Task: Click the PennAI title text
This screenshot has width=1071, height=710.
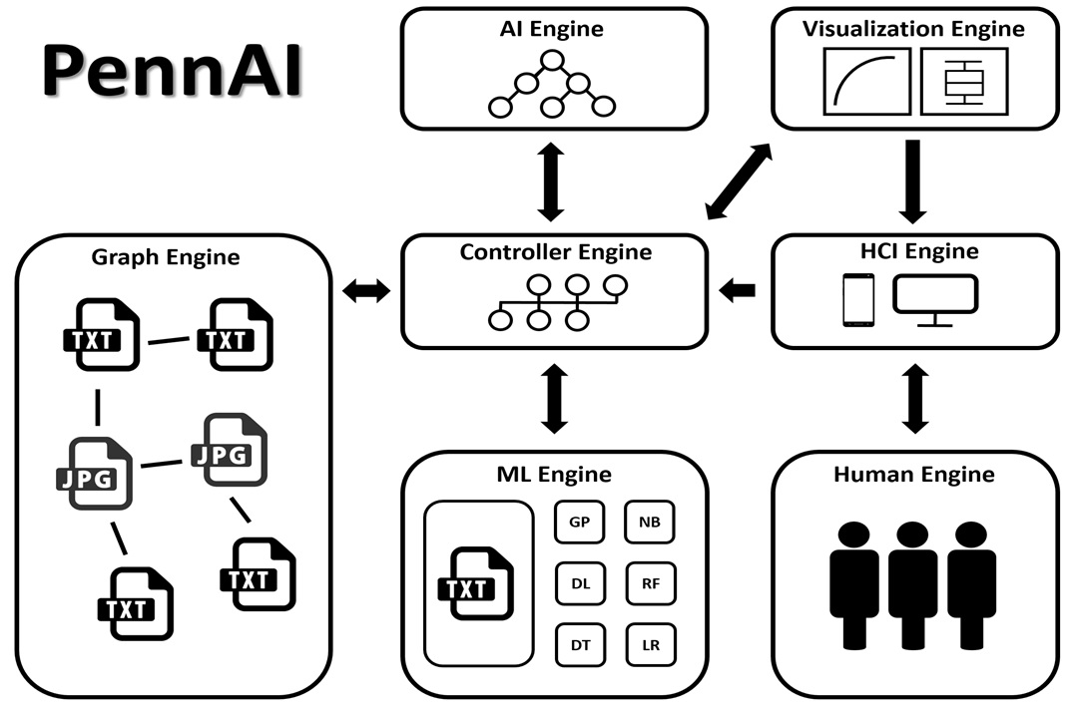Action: pos(172,71)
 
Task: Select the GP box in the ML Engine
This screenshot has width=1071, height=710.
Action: pos(579,523)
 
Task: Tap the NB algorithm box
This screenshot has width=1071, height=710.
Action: pos(650,523)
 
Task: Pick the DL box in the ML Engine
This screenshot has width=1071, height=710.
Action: pos(580,583)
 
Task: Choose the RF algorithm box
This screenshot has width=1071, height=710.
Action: pos(650,583)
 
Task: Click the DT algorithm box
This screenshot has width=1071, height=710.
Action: pos(581,645)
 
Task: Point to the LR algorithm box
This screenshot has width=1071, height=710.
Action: pos(651,645)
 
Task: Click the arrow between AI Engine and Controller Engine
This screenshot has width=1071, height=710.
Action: pos(551,181)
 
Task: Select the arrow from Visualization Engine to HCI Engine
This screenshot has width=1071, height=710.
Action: pos(912,181)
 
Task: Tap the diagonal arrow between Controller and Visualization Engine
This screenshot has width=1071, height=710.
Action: pos(739,181)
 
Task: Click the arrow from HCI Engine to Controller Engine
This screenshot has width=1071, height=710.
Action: pos(737,291)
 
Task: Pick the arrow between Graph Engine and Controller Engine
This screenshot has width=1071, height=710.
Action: pos(366,291)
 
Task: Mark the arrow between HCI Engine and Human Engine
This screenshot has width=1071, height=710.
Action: pos(915,399)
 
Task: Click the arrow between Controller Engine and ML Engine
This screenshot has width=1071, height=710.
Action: pos(554,399)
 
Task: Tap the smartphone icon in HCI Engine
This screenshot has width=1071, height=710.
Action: pos(858,300)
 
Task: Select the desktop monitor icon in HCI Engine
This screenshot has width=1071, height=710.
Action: pos(936,300)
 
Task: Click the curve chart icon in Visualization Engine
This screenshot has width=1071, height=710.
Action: pos(866,81)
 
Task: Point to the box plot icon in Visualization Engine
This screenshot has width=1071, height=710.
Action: pos(964,81)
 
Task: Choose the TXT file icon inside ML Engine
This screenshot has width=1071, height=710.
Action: pos(476,583)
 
